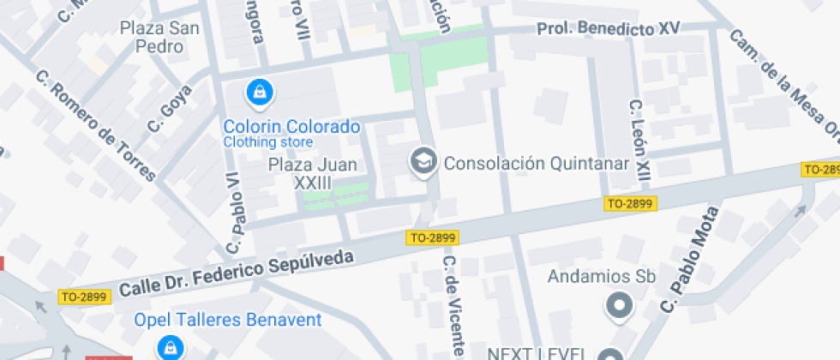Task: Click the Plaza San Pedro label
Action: click(159, 37)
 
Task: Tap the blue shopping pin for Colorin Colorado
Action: click(257, 90)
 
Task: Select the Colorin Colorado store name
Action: click(291, 127)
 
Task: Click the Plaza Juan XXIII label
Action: click(312, 173)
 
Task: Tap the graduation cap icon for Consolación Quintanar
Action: click(423, 162)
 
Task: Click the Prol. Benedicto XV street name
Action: click(608, 29)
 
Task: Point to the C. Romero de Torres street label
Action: click(95, 126)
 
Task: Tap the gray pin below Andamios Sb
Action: click(618, 304)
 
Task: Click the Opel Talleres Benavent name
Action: click(227, 321)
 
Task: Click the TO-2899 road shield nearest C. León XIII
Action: click(630, 204)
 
